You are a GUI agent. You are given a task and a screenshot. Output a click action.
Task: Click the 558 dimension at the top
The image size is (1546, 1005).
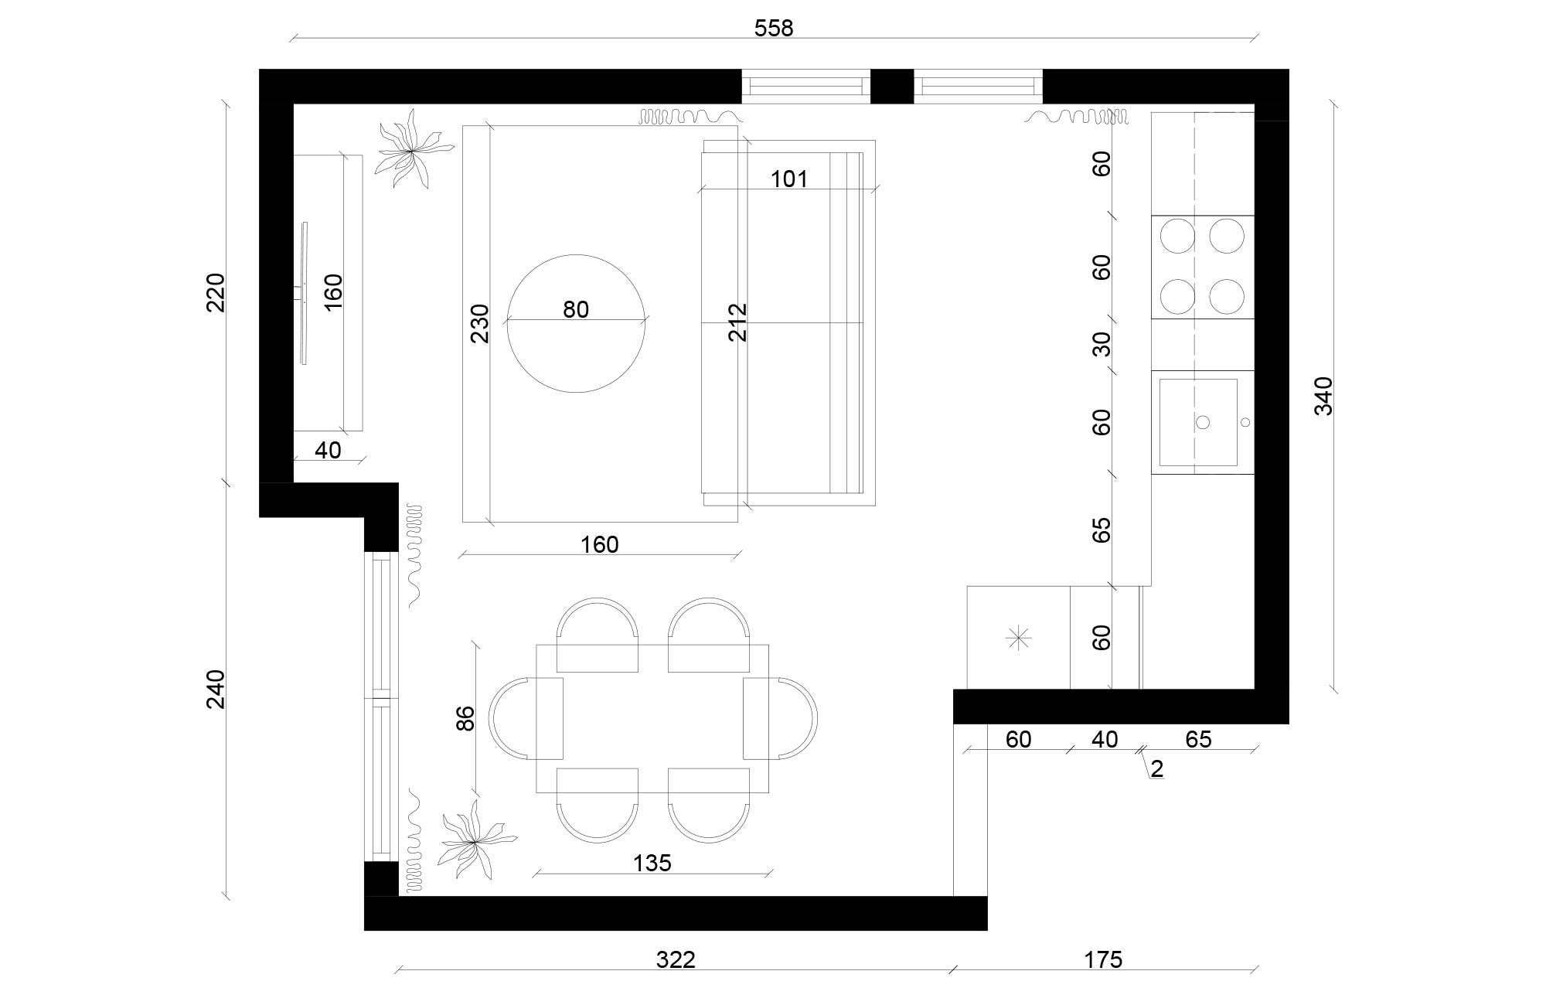pyautogui.click(x=774, y=29)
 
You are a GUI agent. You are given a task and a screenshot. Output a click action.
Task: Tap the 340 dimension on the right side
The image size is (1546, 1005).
pyautogui.click(x=1323, y=396)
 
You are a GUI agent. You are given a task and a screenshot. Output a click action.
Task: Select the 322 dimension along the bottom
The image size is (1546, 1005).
pyautogui.click(x=676, y=959)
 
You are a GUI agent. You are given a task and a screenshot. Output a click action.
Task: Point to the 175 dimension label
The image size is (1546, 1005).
pyautogui.click(x=1102, y=959)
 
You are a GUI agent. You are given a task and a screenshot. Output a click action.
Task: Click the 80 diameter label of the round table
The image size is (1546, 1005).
pyautogui.click(x=576, y=309)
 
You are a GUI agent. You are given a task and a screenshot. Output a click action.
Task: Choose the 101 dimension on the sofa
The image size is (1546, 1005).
pyautogui.click(x=789, y=179)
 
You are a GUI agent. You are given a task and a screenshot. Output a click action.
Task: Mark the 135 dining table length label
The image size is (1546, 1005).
pyautogui.click(x=652, y=862)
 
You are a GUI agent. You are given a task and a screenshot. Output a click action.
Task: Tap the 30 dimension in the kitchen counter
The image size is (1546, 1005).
pyautogui.click(x=1102, y=343)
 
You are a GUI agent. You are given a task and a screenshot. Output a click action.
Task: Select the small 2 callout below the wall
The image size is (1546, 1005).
pyautogui.click(x=1157, y=768)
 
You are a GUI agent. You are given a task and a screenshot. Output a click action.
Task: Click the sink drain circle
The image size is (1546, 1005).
pyautogui.click(x=1203, y=422)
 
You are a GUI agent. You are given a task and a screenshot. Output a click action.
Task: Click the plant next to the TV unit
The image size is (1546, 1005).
pyautogui.click(x=408, y=148)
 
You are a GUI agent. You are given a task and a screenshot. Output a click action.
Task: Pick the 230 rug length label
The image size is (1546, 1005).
pyautogui.click(x=480, y=323)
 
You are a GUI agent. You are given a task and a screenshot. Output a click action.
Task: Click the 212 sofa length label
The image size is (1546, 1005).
pyautogui.click(x=738, y=322)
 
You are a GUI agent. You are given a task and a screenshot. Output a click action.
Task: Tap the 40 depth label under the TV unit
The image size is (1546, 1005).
pyautogui.click(x=328, y=450)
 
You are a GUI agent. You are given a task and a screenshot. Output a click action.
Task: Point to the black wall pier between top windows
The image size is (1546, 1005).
pyautogui.click(x=892, y=86)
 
